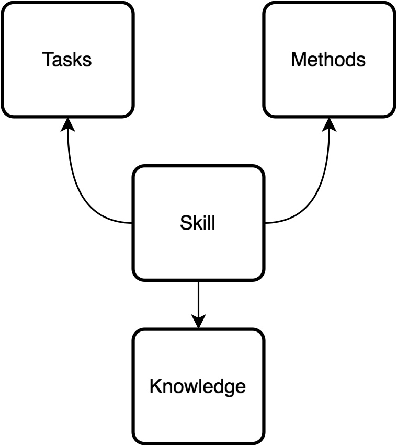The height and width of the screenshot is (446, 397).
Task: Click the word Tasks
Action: [x=67, y=60]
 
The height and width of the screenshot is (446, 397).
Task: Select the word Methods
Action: [x=328, y=60]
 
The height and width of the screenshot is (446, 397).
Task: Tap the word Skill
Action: [x=197, y=223]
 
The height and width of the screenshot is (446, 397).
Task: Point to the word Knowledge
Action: [x=197, y=386]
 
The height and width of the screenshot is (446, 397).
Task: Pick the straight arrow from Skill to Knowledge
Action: [x=198, y=301]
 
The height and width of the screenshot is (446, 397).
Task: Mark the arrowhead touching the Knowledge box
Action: [x=198, y=322]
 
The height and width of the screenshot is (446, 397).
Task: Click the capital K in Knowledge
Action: [x=154, y=386]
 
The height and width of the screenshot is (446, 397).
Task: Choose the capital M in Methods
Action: [x=298, y=60]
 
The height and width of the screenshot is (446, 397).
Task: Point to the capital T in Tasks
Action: [x=47, y=60]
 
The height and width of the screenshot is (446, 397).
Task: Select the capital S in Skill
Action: [x=185, y=223]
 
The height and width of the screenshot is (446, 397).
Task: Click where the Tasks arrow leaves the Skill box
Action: [x=132, y=223]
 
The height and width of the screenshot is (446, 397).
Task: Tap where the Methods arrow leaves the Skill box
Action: [x=264, y=223]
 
